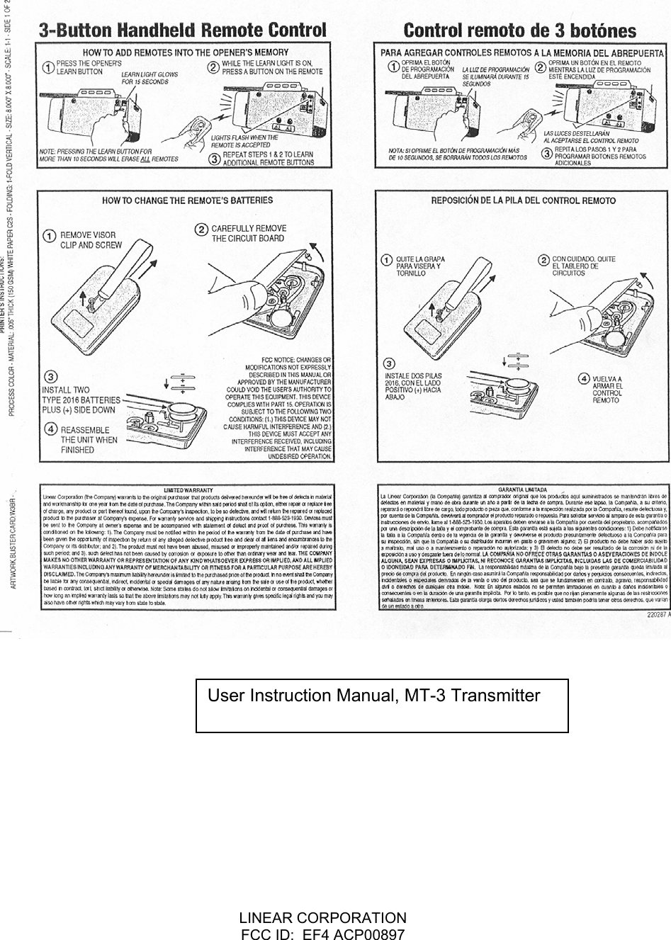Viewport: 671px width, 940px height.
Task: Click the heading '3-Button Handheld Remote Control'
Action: point(183,30)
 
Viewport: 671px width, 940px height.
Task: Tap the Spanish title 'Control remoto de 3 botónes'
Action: point(519,31)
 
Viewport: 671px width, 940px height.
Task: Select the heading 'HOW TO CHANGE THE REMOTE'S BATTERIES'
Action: point(187,200)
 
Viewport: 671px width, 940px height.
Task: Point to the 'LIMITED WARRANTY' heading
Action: point(188,489)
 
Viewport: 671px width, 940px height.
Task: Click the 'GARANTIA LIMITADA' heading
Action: point(522,489)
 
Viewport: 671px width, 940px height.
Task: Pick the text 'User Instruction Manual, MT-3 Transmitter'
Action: point(374,696)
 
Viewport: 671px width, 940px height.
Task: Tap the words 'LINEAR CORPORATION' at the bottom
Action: point(324,917)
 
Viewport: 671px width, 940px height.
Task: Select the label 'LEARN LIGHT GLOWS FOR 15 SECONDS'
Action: point(150,78)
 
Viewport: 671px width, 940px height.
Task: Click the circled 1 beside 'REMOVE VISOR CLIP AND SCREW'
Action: point(50,235)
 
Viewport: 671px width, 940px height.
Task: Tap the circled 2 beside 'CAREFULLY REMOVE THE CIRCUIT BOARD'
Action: point(201,230)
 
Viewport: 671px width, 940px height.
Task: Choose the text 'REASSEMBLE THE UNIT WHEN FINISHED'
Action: point(89,439)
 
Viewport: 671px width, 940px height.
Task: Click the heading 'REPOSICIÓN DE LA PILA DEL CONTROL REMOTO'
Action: point(523,200)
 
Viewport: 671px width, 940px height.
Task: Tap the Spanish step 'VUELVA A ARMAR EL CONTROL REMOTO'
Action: point(607,389)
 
